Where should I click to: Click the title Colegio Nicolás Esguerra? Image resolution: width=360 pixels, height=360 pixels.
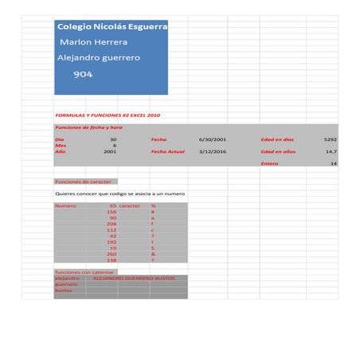point(112,26)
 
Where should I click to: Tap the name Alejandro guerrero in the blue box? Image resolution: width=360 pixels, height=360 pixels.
point(99,58)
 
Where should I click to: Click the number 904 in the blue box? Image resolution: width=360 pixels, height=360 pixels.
point(83,74)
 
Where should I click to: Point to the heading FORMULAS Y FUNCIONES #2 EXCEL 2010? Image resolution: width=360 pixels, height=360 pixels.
point(108,115)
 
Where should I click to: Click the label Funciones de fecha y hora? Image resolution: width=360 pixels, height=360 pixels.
point(88,127)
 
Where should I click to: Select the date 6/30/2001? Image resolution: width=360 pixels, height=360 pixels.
point(213,139)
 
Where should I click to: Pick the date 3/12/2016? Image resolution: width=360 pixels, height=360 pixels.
point(213,151)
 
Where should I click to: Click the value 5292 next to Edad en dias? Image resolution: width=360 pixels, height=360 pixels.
point(330,139)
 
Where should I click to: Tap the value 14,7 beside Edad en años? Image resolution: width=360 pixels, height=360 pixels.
point(331,151)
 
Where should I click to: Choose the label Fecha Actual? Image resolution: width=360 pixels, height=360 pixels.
point(167,151)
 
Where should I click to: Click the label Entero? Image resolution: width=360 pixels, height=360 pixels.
point(270,163)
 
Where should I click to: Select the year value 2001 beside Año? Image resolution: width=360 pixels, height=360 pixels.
point(110,151)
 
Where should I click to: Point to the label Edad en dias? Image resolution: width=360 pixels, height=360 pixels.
point(278,139)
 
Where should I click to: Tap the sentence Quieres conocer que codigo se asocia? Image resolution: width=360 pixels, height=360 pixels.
point(119,194)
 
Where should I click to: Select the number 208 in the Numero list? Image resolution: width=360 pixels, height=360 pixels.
point(112,224)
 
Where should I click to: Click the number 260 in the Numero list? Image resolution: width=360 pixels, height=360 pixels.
point(112,254)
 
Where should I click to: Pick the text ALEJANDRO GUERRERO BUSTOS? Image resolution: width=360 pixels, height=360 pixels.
point(134,278)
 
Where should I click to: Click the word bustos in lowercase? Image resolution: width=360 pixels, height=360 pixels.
point(63,290)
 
